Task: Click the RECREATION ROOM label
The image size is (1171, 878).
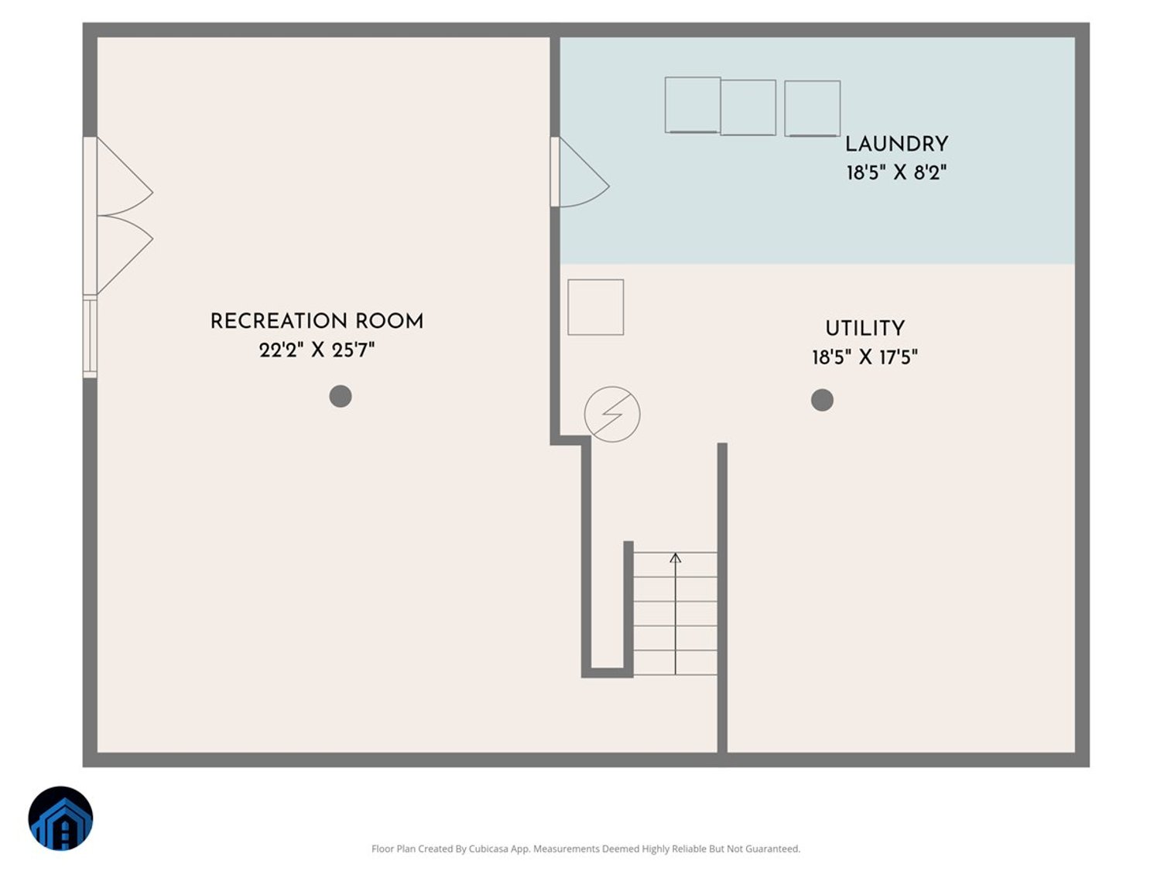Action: coord(317,321)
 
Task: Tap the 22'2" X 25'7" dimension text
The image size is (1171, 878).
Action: coord(317,350)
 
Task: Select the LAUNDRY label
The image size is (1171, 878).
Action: coord(896,144)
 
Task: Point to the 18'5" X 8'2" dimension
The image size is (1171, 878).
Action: coord(896,173)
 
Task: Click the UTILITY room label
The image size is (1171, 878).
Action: coord(865,328)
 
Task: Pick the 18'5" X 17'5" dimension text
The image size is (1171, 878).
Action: coord(865,357)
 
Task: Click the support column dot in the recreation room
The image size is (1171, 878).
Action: coord(341,396)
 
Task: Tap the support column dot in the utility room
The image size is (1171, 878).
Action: coord(822,400)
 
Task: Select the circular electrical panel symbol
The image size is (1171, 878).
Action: coord(612,415)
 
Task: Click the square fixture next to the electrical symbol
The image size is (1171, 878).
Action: coord(595,307)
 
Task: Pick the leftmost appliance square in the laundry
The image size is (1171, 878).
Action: coord(693,105)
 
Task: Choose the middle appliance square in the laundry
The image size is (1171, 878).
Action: coord(748,108)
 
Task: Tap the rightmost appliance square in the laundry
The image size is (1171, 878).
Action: coord(812,108)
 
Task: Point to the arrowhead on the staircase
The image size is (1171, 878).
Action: coord(676,557)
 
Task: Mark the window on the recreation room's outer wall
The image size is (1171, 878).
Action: coord(90,337)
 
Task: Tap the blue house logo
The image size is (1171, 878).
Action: coord(60,818)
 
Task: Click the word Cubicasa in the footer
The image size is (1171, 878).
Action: coord(488,849)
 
